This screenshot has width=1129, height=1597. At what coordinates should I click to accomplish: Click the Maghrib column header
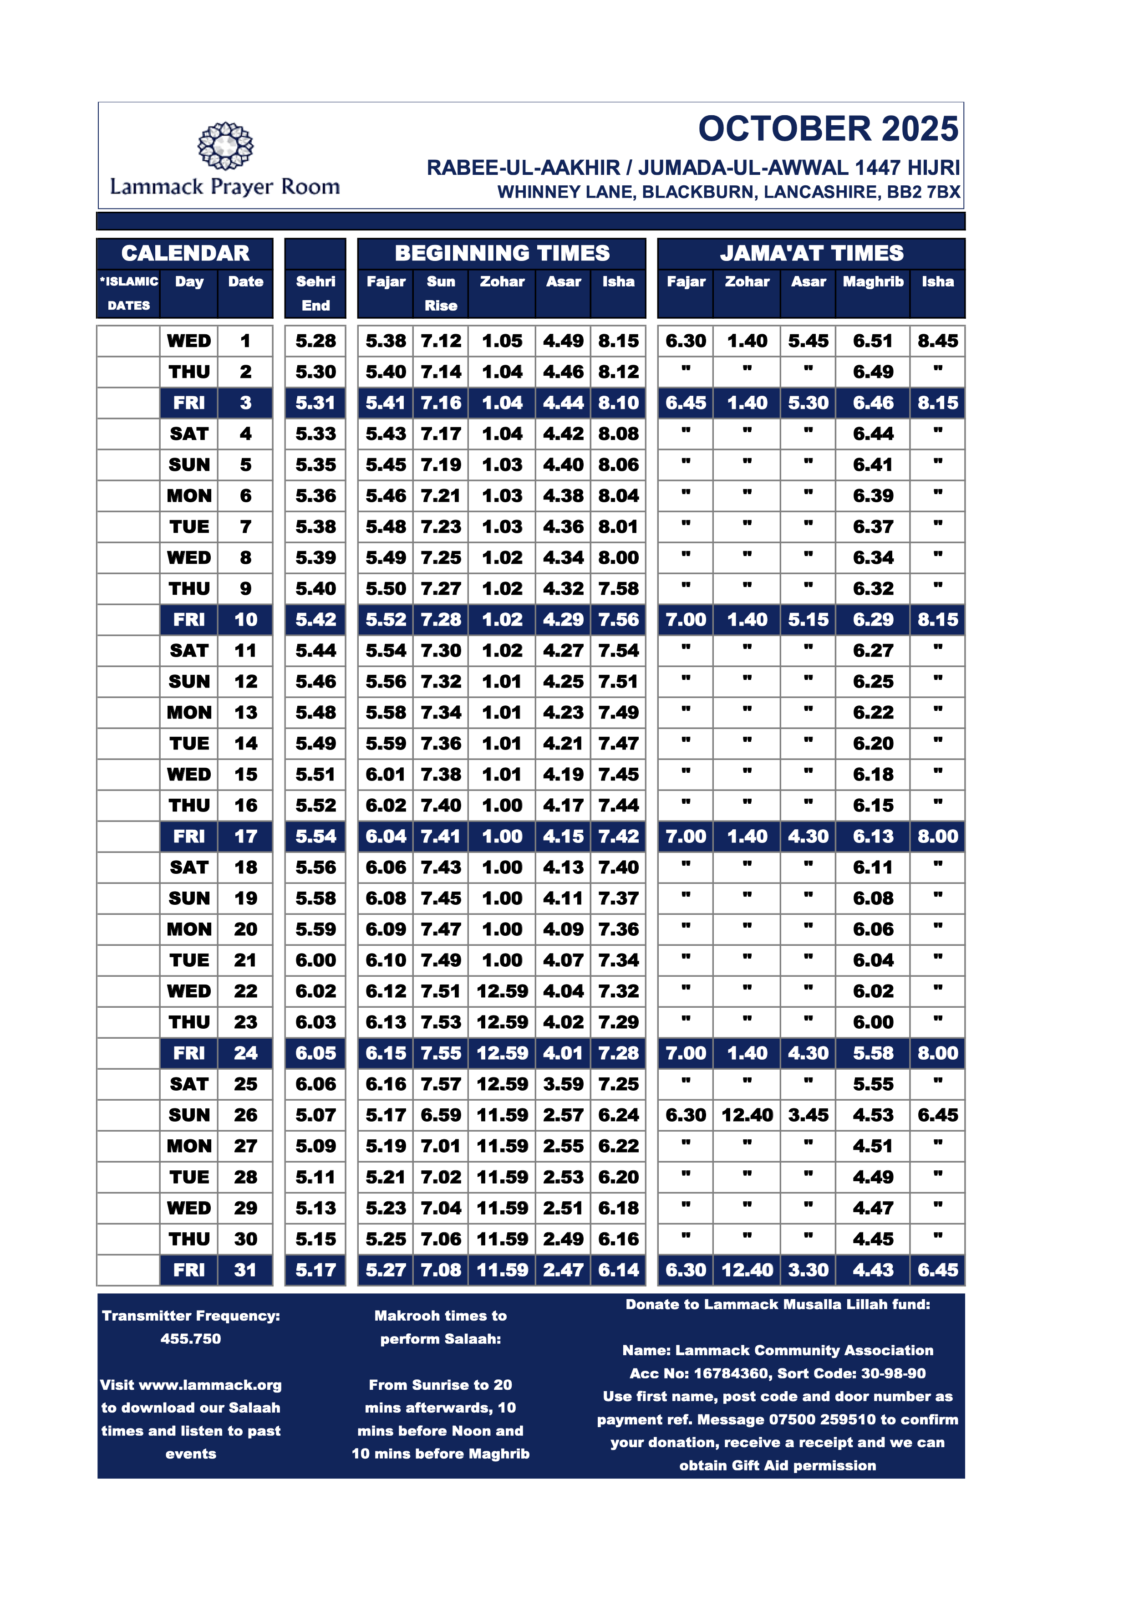pos(873,282)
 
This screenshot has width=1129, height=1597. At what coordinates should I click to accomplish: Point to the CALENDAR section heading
pos(185,253)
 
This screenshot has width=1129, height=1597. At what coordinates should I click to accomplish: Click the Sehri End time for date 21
pos(315,960)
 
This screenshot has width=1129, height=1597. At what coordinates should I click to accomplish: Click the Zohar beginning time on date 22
pos(502,991)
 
